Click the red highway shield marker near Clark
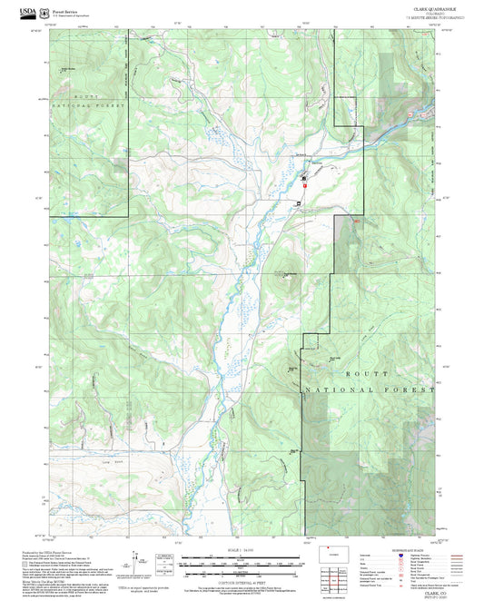(305, 184)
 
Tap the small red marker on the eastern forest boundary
(356, 221)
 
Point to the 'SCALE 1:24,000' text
(241, 551)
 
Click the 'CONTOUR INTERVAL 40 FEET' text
(241, 579)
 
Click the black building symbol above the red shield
(303, 178)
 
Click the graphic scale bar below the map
(241, 564)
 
